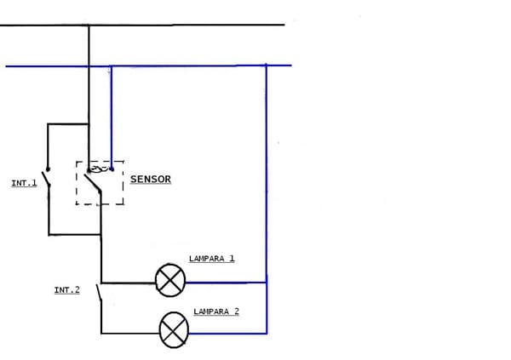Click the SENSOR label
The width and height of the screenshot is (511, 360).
[150, 180]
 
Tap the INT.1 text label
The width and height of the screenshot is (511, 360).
[24, 182]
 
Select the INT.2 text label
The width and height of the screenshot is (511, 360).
[66, 290]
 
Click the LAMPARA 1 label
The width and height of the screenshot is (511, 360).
[211, 258]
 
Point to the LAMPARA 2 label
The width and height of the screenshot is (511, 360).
[215, 311]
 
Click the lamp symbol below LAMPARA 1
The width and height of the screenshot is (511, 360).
[170, 281]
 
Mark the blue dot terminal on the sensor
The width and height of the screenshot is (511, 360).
[112, 169]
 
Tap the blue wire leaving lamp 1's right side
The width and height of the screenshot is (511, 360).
[226, 282]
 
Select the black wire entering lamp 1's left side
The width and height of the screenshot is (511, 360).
[128, 282]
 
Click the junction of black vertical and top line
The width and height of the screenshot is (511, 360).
[89, 26]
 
